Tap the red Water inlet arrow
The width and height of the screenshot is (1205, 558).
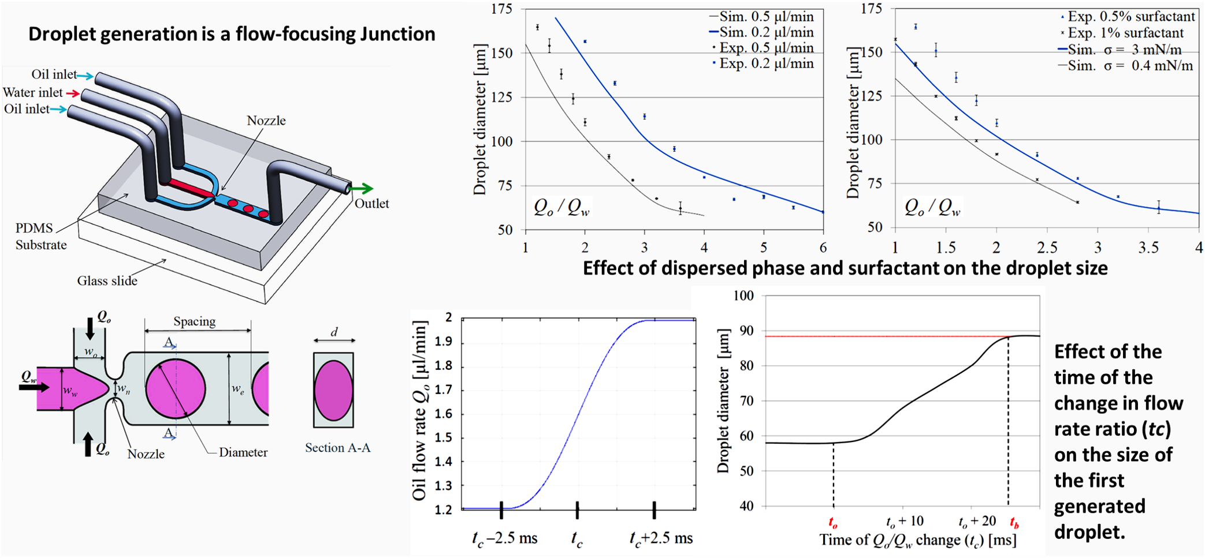coord(73,93)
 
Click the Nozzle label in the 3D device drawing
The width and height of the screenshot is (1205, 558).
coord(266,121)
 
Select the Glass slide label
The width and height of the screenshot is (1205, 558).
coord(107,281)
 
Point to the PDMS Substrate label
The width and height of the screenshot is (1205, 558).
coord(40,237)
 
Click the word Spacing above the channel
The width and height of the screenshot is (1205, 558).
coord(194,321)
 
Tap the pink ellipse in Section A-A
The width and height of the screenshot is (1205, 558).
coord(333,390)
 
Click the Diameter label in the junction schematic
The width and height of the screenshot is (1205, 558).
coord(243,452)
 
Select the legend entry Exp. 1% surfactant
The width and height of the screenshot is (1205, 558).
coord(1125,33)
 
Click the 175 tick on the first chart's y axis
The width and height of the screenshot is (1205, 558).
coord(501,9)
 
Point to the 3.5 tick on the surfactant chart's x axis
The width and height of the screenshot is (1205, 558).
coord(1148,248)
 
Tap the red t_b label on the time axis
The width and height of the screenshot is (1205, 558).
coord(1014,523)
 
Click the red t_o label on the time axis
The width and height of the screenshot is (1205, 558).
coord(833,523)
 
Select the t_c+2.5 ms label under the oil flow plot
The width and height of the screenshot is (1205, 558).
coord(661,538)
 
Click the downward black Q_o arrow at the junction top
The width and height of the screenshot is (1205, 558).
coord(90,328)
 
